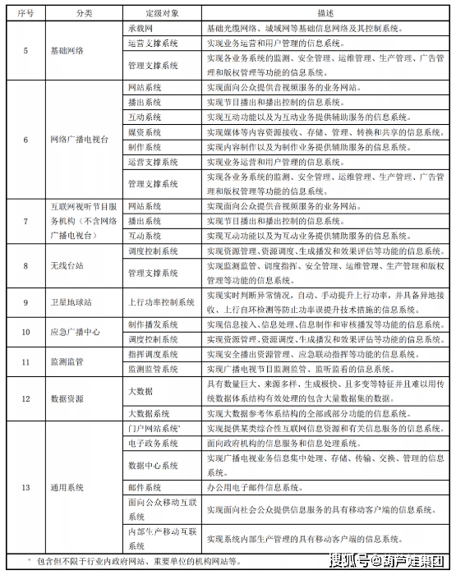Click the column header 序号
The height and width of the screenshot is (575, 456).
pos(25,12)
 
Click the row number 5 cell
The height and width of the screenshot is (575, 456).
pos(25,51)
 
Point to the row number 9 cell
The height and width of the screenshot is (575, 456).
pos(25,302)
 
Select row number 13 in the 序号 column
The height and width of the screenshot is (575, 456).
pos(25,487)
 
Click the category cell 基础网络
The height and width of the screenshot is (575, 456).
pos(74,51)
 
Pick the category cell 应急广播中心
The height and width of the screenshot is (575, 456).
pos(74,332)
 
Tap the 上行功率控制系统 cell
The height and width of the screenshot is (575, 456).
pos(162,302)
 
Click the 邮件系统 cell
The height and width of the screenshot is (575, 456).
pos(145,487)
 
